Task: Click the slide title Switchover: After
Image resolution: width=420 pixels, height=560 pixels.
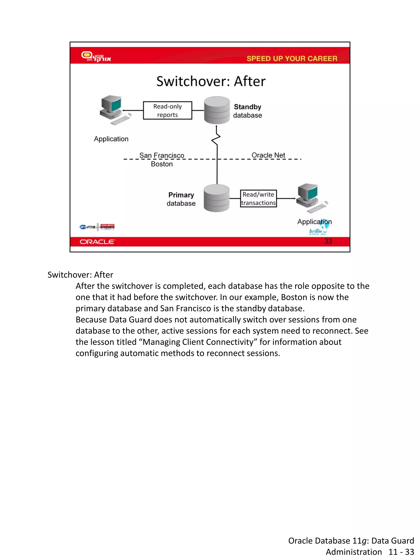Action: tap(211, 82)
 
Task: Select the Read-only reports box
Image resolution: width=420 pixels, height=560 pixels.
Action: tap(167, 110)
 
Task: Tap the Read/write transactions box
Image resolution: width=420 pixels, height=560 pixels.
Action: tap(258, 198)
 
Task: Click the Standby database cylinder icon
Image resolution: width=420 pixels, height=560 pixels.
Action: tap(217, 110)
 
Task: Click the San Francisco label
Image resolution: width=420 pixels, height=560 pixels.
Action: tap(162, 155)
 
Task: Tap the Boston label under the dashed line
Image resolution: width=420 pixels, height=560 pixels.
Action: tap(162, 164)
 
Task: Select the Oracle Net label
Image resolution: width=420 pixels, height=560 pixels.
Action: tap(268, 155)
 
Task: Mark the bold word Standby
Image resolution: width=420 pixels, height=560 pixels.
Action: tap(247, 107)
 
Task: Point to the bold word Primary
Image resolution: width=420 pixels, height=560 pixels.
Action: tap(181, 195)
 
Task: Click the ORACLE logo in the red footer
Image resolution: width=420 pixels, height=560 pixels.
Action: tap(97, 242)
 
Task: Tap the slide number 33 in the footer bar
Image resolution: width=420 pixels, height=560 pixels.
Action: tap(328, 241)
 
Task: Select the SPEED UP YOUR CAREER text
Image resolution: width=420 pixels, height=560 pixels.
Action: tap(292, 58)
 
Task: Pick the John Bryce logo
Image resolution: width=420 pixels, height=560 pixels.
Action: tap(107, 227)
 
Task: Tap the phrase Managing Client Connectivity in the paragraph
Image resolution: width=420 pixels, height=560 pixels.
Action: tap(198, 342)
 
